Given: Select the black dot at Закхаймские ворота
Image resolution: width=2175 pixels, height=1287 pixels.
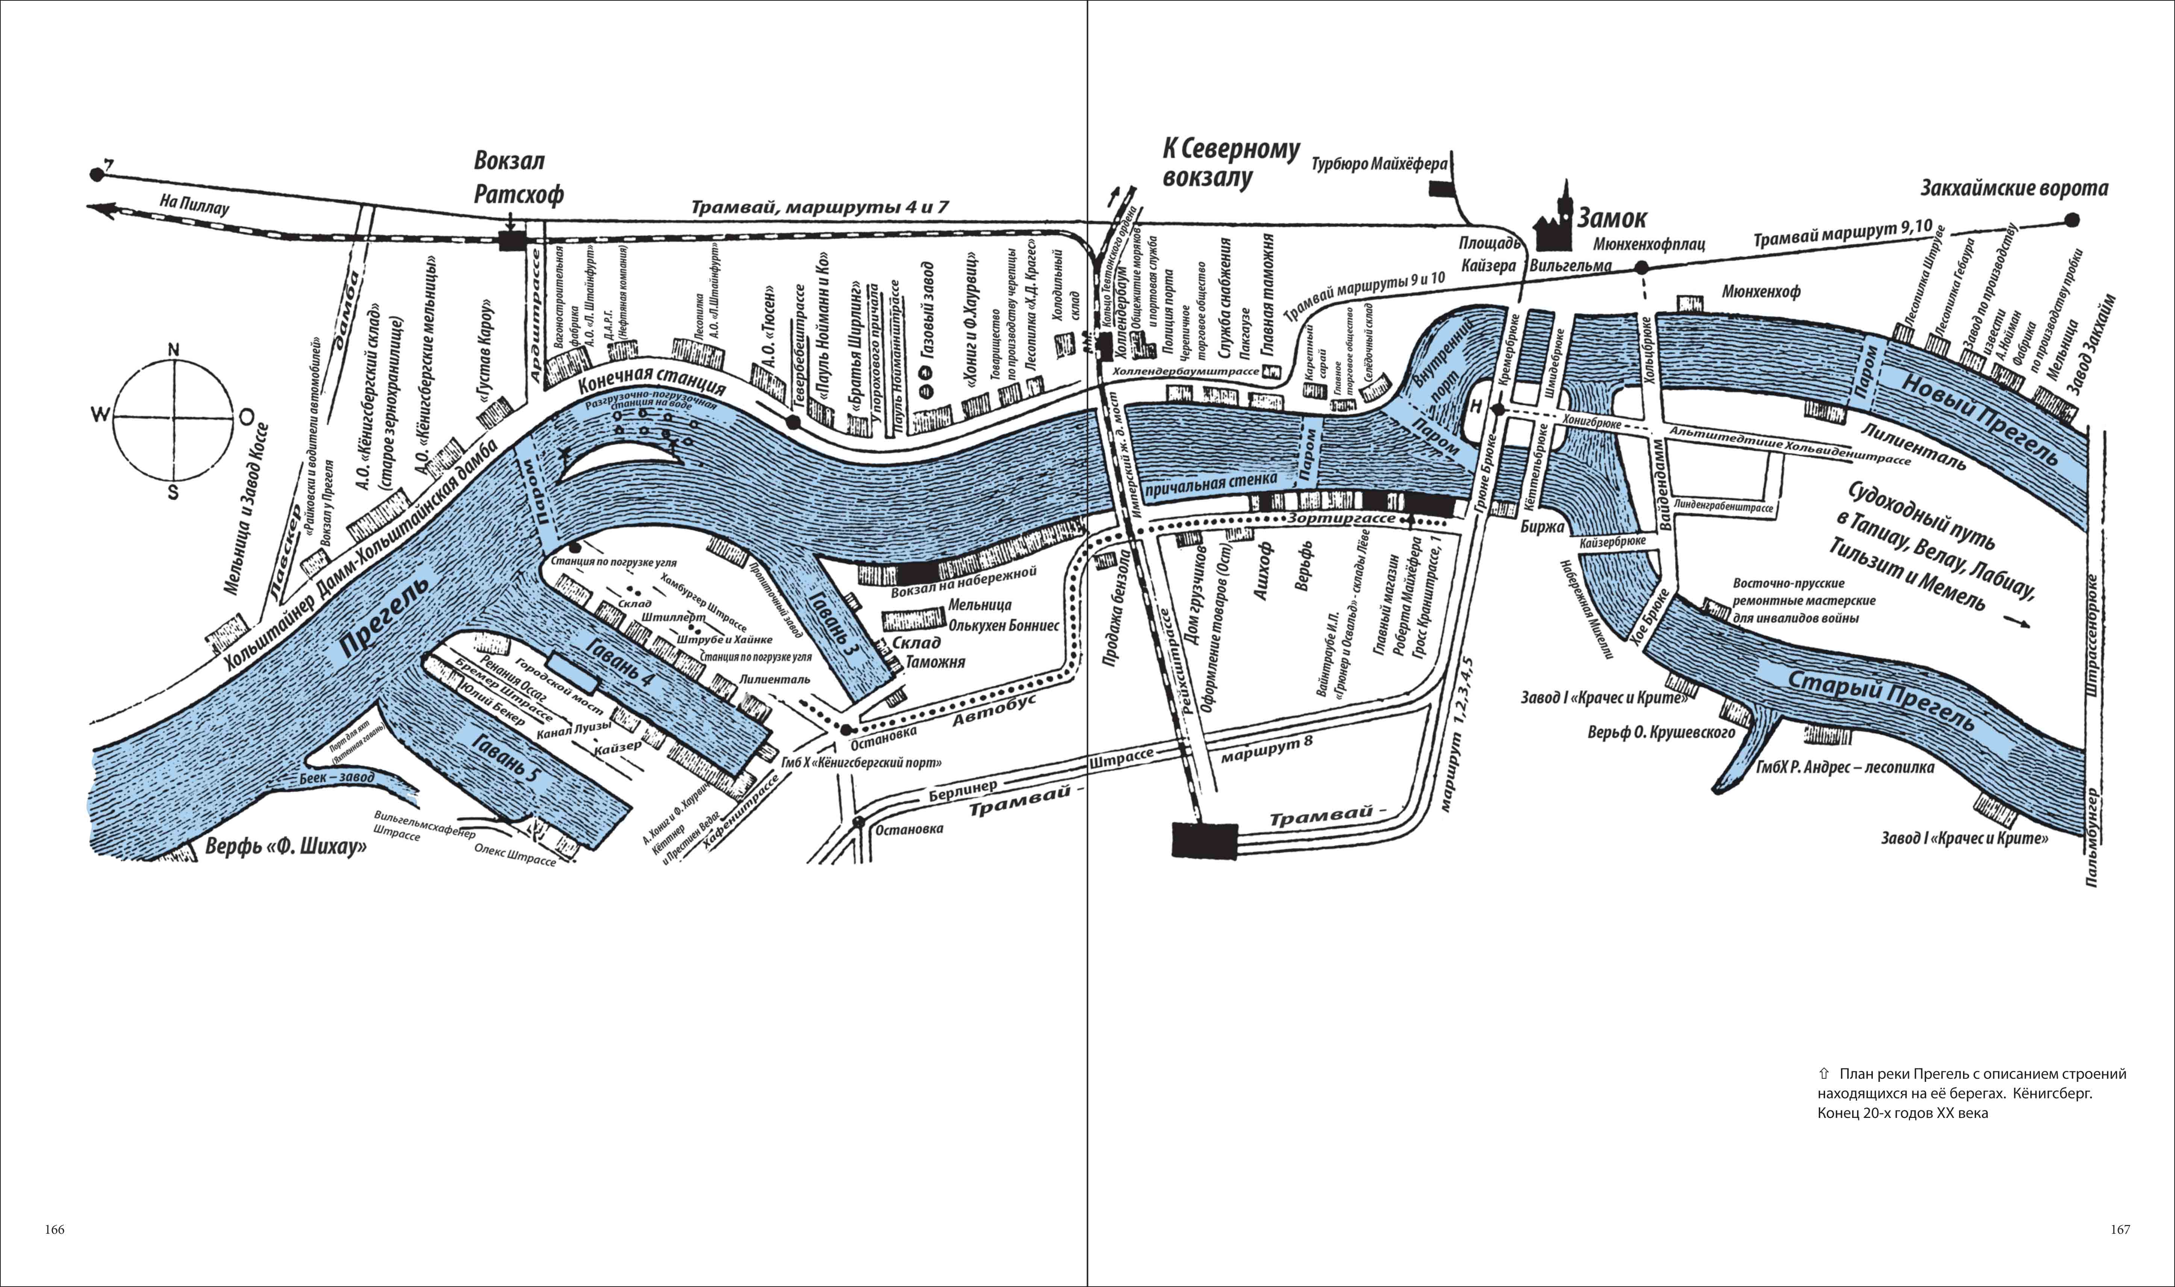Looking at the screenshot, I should point(2072,220).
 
